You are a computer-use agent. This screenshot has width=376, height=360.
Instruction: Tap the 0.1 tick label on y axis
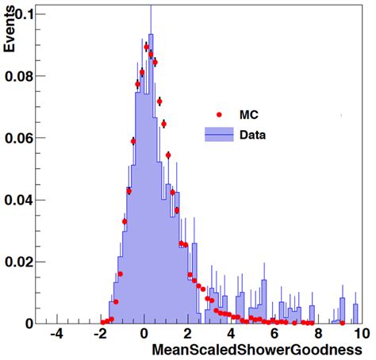tap(24, 15)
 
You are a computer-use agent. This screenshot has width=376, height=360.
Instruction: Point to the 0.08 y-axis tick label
tap(19, 77)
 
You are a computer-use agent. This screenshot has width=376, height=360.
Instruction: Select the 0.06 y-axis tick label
tap(19, 138)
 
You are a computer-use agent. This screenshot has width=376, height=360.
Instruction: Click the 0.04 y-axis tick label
tap(19, 200)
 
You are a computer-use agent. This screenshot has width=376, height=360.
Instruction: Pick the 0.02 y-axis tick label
tap(19, 262)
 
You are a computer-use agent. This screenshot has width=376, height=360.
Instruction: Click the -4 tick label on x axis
tap(56, 335)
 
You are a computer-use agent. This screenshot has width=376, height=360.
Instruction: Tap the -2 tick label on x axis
tap(100, 335)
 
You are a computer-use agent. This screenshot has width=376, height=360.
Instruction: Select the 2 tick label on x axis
tap(189, 335)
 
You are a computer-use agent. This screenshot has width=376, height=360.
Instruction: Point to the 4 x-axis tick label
tap(232, 335)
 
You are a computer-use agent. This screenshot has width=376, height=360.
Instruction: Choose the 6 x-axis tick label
tap(274, 335)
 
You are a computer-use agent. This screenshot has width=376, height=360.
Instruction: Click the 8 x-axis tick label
tap(317, 335)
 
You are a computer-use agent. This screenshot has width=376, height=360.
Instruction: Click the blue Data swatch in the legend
tap(217, 135)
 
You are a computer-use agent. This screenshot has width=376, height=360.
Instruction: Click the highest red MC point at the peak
tap(147, 47)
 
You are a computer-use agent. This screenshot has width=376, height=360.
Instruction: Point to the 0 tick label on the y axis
tap(29, 323)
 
